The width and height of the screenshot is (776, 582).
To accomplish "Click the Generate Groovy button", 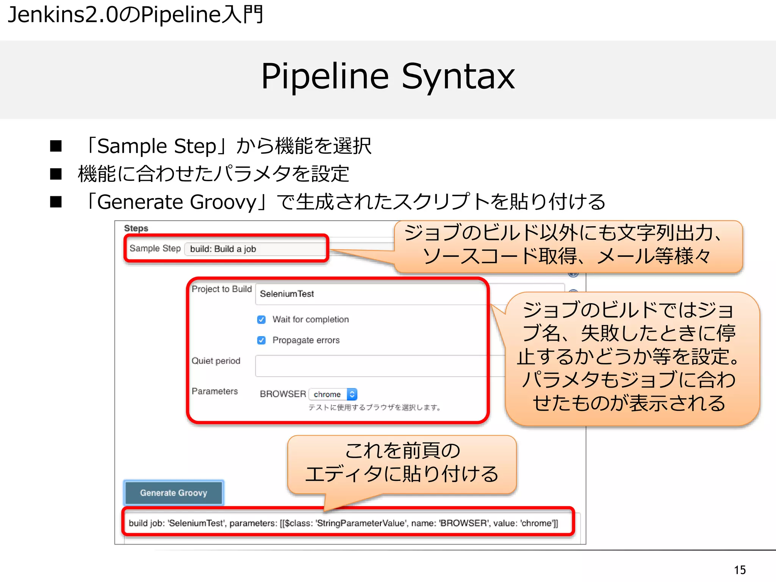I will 174,493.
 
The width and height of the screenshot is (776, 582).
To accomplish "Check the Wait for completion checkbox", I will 261,319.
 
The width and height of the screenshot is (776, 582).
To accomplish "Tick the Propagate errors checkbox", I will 261,340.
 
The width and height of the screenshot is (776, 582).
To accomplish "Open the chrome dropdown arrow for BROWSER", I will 352,394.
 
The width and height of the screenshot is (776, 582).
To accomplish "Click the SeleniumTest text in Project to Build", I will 287,294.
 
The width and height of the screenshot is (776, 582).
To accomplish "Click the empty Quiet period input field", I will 371,366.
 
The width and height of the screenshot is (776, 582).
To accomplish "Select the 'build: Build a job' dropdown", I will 254,249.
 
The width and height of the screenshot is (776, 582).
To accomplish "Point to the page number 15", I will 740,570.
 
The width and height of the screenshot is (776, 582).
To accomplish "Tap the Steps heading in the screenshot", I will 136,228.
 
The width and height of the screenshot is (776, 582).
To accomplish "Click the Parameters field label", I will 214,391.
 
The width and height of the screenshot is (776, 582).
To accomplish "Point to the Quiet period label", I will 216,361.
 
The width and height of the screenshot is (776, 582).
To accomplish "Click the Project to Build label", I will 221,289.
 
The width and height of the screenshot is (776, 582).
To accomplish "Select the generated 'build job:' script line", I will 343,523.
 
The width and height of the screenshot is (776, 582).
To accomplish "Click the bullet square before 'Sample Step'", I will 56,146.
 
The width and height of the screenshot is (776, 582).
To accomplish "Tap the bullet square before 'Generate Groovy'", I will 56,202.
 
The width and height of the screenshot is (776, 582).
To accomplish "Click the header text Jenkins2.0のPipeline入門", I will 135,15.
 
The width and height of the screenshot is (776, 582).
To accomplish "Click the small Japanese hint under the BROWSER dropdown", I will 374,408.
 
